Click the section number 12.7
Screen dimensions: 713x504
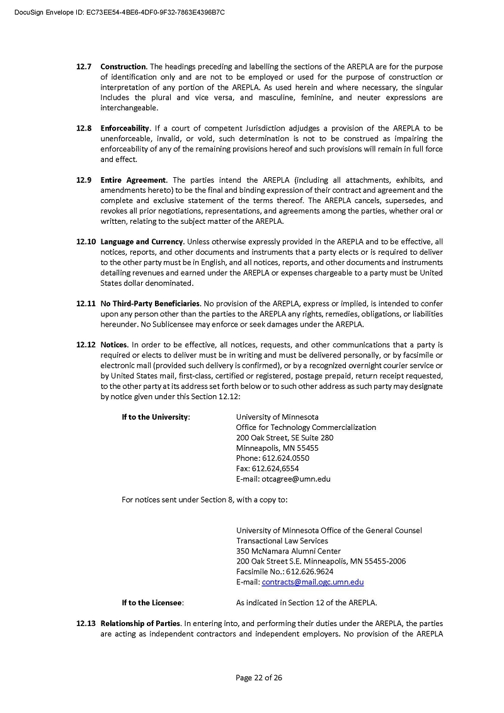pos(84,67)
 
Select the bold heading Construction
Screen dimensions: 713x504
pos(123,67)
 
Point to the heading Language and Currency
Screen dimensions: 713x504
pos(142,241)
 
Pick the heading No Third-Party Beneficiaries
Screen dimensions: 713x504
pos(151,304)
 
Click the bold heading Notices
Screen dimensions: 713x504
pos(114,345)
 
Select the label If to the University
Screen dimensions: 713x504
pos(156,417)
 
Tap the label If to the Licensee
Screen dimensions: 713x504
pos(152,603)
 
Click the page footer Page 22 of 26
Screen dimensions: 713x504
pos(259,678)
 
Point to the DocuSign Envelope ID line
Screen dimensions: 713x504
pos(120,12)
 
